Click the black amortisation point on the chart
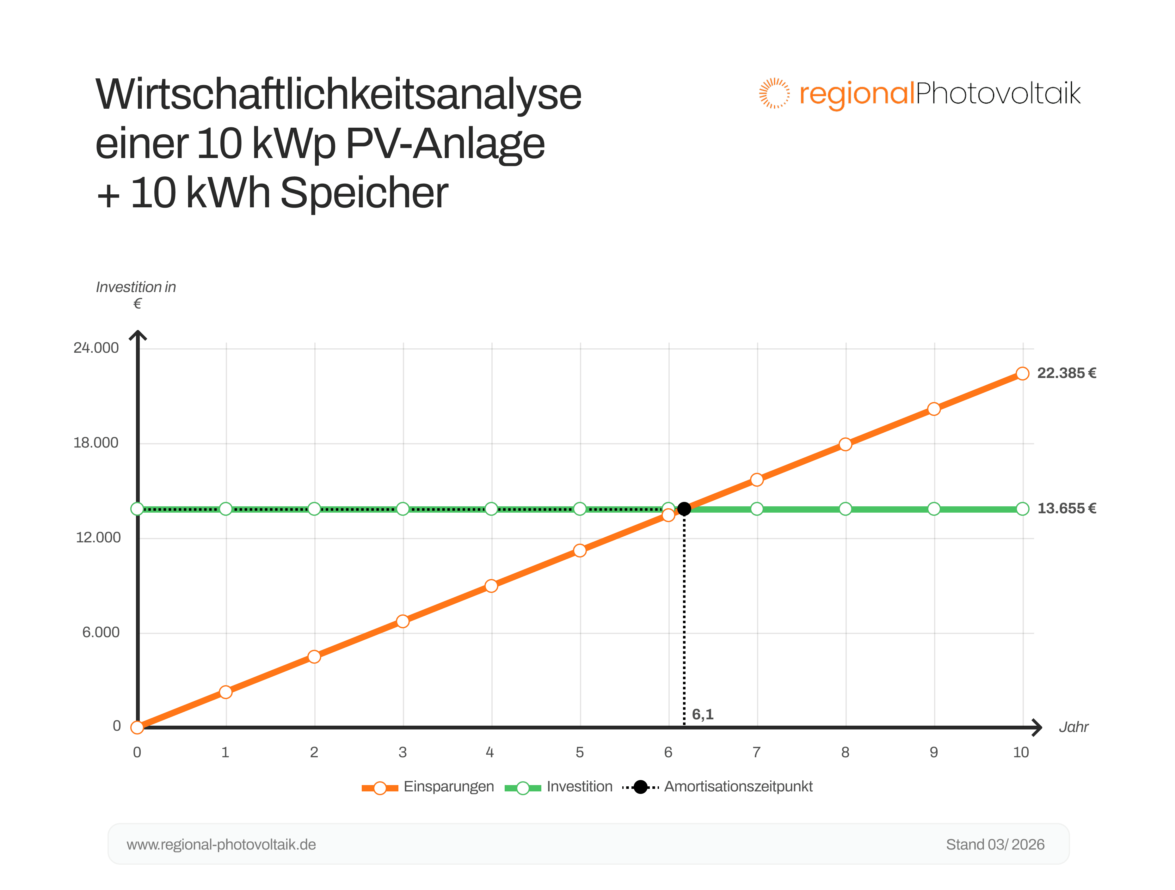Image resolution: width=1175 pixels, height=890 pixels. pos(684,509)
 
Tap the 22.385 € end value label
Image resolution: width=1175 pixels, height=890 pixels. pos(1066,373)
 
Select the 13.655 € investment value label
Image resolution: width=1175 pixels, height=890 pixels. pos(1066,509)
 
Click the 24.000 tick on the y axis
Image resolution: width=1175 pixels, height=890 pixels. pos(96,348)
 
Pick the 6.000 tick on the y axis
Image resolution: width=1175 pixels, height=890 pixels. pos(101,632)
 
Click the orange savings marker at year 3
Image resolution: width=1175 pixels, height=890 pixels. pos(403,621)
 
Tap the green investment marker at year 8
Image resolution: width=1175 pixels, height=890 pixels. pos(845,509)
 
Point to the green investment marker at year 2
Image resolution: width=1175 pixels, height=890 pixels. pos(315,509)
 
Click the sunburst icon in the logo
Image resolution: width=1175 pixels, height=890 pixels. pos(774,94)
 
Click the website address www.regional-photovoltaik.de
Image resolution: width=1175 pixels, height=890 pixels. pos(221,844)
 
